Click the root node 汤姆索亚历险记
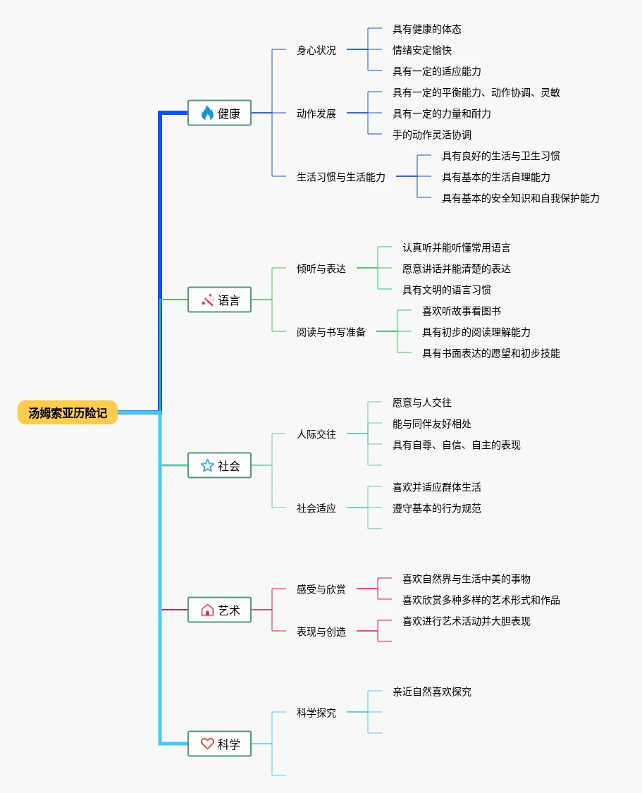[68, 412]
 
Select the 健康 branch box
[219, 113]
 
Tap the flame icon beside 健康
[207, 113]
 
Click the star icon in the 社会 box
[207, 465]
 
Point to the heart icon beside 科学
[207, 744]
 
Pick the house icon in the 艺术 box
[207, 610]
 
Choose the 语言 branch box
[219, 300]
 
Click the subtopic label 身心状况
[316, 50]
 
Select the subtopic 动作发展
[316, 113]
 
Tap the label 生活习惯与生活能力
[340, 177]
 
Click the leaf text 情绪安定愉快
[422, 50]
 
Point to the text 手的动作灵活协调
[432, 135]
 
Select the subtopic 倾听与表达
[321, 269]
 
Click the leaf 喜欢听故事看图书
[462, 311]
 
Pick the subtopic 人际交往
[316, 434]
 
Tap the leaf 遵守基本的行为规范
[437, 508]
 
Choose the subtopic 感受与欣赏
[321, 589]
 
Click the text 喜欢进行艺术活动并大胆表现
[466, 621]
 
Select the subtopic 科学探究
[316, 713]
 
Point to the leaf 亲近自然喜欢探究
[432, 691]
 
